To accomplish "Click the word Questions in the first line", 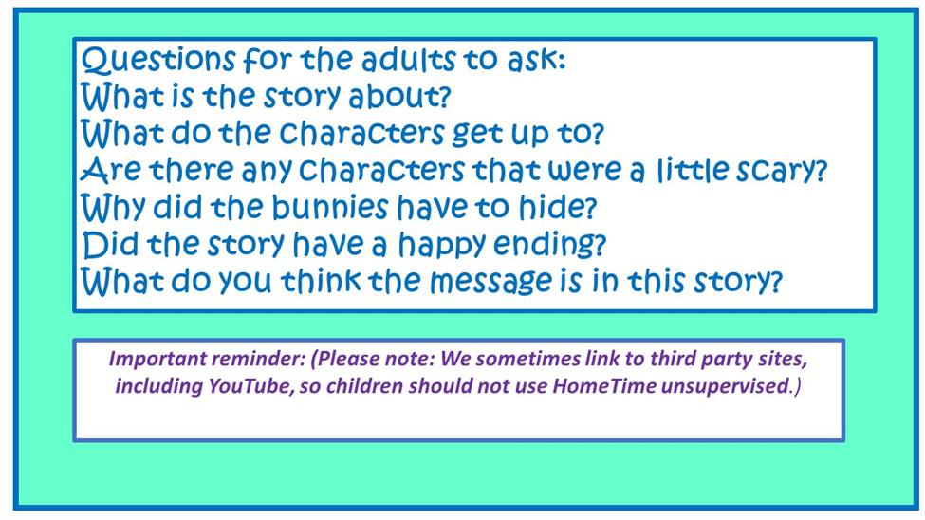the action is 158,60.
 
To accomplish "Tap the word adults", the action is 408,60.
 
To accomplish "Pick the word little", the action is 694,170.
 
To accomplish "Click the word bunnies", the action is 330,207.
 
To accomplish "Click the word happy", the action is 442,246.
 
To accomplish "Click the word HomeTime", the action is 603,386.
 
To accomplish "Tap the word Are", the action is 112,171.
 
